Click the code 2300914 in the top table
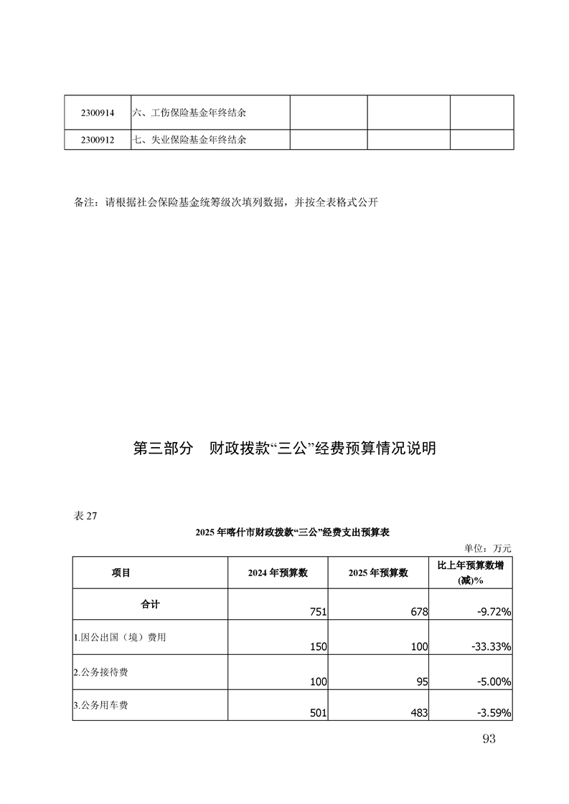pos(97,113)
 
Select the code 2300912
pos(97,140)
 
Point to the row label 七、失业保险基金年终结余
pos(189,140)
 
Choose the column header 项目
pos(121,573)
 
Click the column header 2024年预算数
pos(278,573)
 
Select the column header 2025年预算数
pos(378,573)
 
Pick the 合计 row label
pos(150,604)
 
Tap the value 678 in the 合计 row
pos(419,612)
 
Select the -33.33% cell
pos(491,647)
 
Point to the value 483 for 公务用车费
pos(418,713)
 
